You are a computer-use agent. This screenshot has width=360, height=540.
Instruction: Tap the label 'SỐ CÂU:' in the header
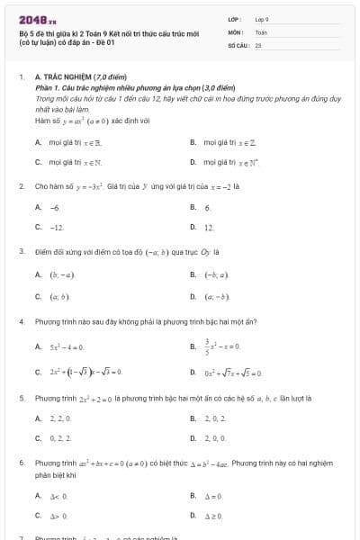click(238, 43)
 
